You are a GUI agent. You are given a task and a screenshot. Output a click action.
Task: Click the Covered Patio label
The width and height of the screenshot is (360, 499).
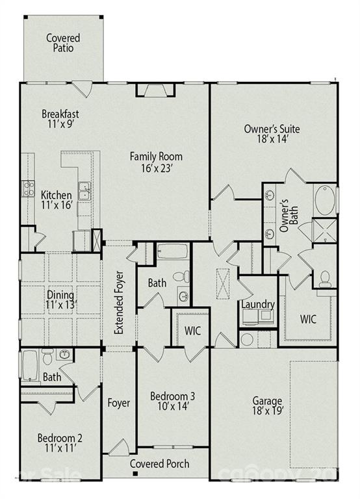pos(64,43)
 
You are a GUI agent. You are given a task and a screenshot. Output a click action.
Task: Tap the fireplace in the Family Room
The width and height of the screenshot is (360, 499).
pos(155,90)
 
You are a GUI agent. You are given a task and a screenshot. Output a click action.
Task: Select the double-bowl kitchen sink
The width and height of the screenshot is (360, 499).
pos(84,191)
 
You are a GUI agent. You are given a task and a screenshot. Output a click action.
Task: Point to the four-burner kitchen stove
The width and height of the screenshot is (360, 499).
pos(29,188)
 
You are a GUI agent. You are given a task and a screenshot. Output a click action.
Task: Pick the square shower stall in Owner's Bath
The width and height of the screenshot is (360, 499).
pos(324,231)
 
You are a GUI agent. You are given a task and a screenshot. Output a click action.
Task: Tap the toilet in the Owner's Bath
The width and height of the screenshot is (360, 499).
pos(324,277)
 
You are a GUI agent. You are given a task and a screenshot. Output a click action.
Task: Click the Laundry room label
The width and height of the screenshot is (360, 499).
pos(257,304)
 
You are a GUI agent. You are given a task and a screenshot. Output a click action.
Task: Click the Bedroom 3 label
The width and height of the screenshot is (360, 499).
pos(172,396)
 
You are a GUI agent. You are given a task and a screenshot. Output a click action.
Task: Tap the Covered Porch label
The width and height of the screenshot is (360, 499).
pos(159,463)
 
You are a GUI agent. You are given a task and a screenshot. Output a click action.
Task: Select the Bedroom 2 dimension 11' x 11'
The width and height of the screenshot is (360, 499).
pos(59,448)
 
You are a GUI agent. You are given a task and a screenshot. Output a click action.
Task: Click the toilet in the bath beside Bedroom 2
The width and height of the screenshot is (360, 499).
pos(48,357)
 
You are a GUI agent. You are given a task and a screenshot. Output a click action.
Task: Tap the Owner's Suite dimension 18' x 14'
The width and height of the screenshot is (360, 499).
pos(272,140)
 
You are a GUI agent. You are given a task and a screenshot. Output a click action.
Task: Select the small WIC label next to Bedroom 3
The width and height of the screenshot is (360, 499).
pos(192,330)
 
